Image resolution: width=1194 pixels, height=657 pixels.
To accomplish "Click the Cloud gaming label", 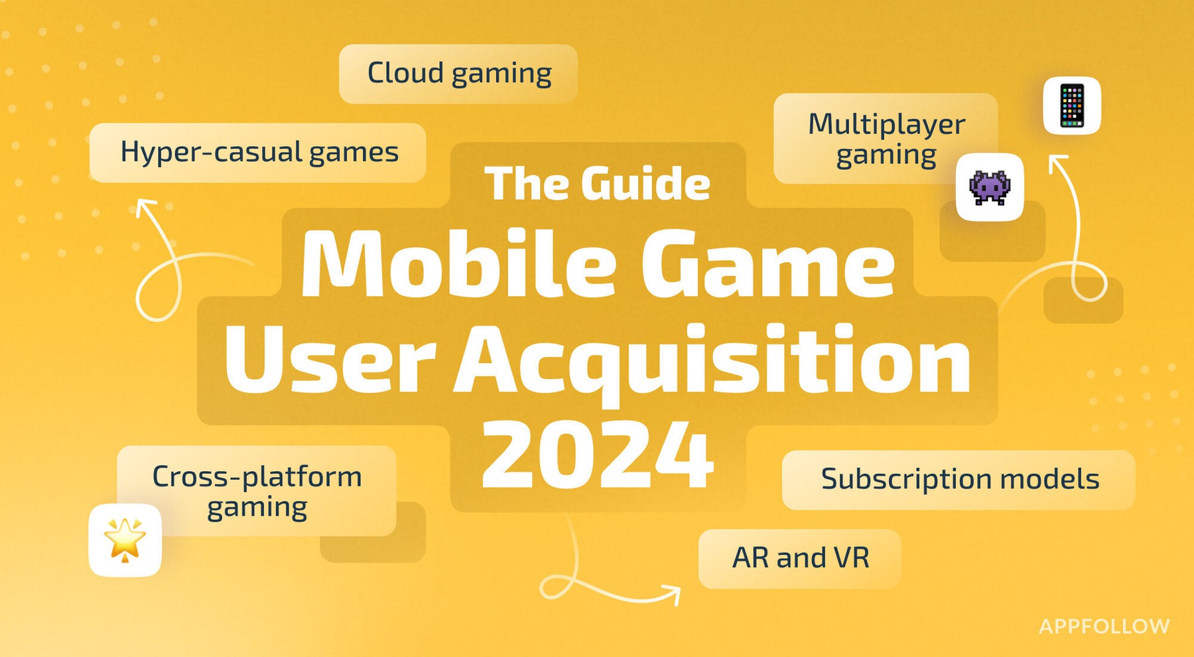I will click(x=458, y=74).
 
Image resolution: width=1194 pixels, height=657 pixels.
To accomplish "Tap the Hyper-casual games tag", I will click(x=258, y=153).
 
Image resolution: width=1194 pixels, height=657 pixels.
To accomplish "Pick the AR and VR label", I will click(x=800, y=558).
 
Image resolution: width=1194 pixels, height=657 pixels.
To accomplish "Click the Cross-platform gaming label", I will click(x=257, y=491).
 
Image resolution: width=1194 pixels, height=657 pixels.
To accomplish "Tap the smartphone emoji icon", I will click(x=1072, y=106).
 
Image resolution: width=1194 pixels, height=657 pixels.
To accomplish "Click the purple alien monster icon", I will click(x=990, y=187).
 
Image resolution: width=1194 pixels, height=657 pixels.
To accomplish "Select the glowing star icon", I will click(x=125, y=540).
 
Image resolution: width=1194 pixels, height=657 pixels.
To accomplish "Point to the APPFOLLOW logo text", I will click(x=1104, y=626).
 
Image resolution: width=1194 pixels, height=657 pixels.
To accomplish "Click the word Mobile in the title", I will click(x=458, y=264).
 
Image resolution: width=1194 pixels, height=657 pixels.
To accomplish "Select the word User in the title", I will click(x=330, y=362).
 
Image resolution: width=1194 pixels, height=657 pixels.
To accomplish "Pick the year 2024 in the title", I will click(x=597, y=456).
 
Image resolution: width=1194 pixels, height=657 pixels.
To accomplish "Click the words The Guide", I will click(x=597, y=183).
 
